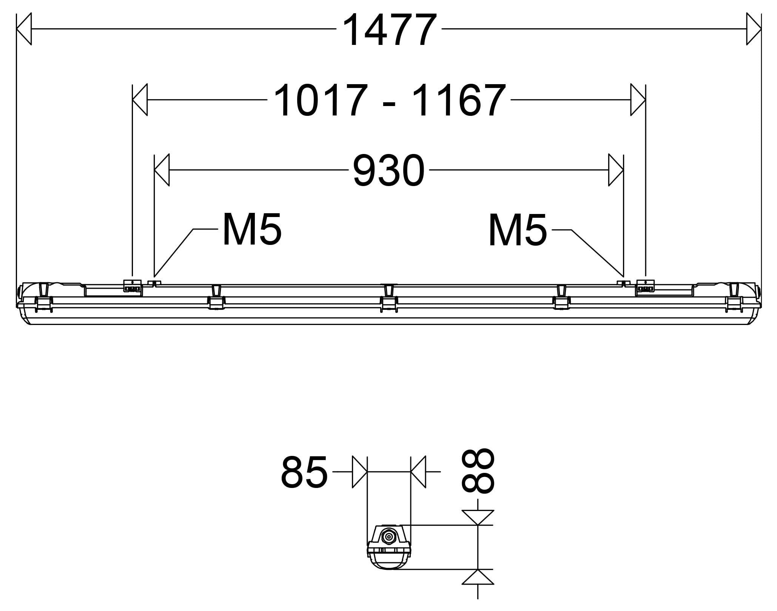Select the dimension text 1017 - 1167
coord(389,100)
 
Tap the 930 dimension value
coord(389,171)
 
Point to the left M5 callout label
coord(252,229)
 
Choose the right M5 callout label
coord(517,230)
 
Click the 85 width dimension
coord(304,472)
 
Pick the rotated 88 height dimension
coord(478,471)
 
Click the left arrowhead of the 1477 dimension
coord(24,29)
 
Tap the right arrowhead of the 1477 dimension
coord(754,29)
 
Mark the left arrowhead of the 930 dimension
coord(162,170)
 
